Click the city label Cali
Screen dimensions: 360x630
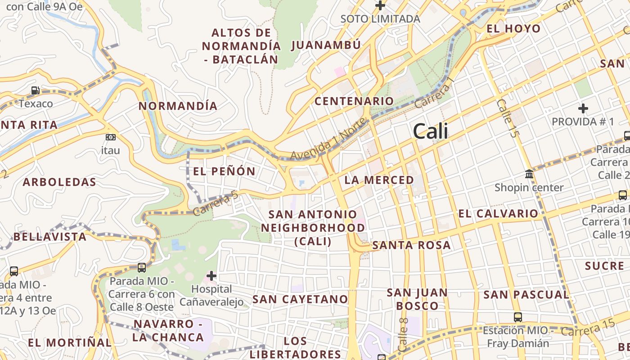pos(431,131)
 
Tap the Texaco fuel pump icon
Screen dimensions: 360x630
pos(35,91)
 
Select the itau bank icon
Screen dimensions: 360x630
pos(110,137)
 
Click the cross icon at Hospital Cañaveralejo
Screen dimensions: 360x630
pos(211,275)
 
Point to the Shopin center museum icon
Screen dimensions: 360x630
pos(529,174)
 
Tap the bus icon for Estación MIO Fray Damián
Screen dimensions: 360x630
pos(518,317)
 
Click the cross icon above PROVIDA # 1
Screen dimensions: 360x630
pos(583,108)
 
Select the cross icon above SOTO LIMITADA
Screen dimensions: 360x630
pos(380,6)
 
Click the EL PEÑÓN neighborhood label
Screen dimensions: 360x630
pos(224,171)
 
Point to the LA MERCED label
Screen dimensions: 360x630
pos(379,180)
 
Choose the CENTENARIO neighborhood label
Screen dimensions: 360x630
pos(354,101)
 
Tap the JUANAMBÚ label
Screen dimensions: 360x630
pos(326,45)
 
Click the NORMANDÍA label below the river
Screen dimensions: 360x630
pos(178,106)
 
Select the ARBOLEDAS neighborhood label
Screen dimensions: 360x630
pos(59,182)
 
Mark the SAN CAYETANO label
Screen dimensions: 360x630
pos(300,299)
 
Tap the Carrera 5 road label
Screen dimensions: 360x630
pos(215,203)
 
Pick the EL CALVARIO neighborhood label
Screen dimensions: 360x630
pos(498,214)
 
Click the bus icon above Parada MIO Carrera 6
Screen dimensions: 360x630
pos(142,268)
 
